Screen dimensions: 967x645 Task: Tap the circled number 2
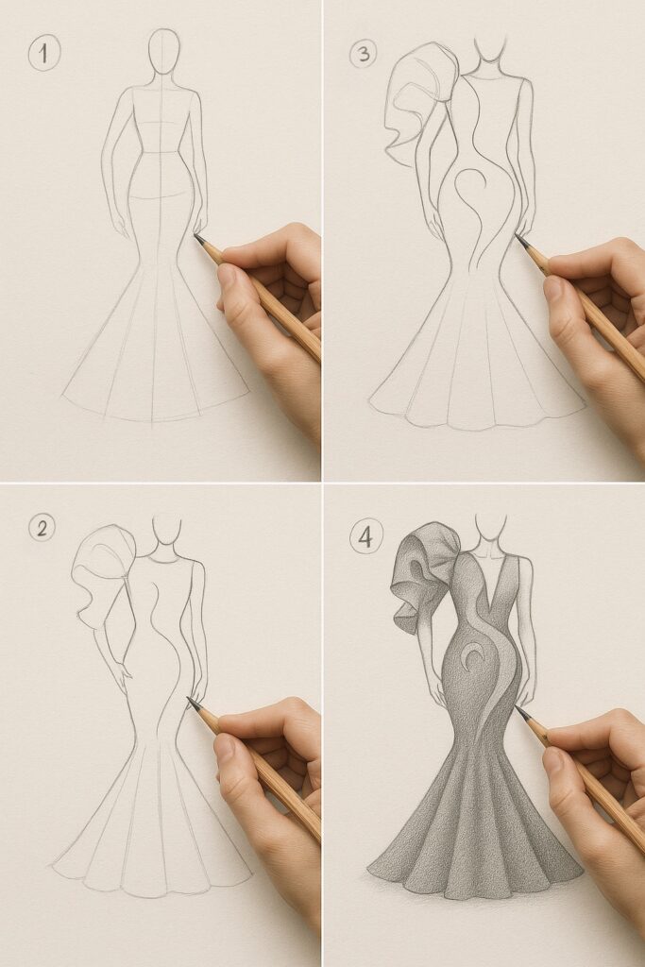(41, 529)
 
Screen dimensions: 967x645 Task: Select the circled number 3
(362, 54)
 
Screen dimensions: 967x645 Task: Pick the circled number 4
(365, 538)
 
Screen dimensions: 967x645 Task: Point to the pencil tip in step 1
(196, 236)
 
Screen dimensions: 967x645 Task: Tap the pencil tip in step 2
(190, 701)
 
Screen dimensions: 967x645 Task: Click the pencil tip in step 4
(518, 708)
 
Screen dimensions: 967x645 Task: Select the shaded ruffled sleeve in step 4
(420, 576)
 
